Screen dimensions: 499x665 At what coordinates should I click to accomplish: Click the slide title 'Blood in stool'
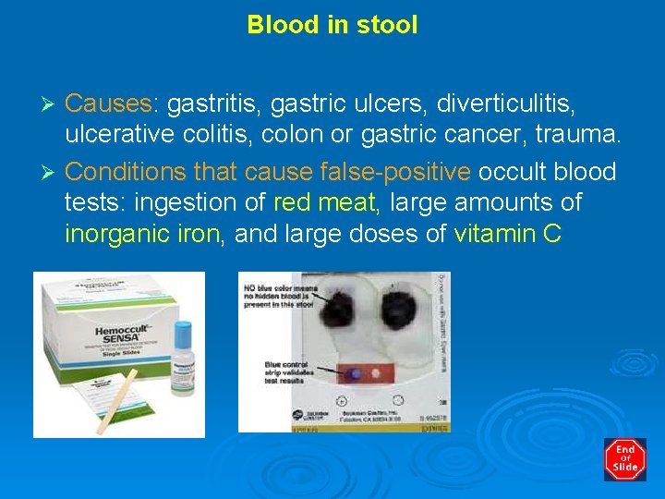click(x=332, y=25)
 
